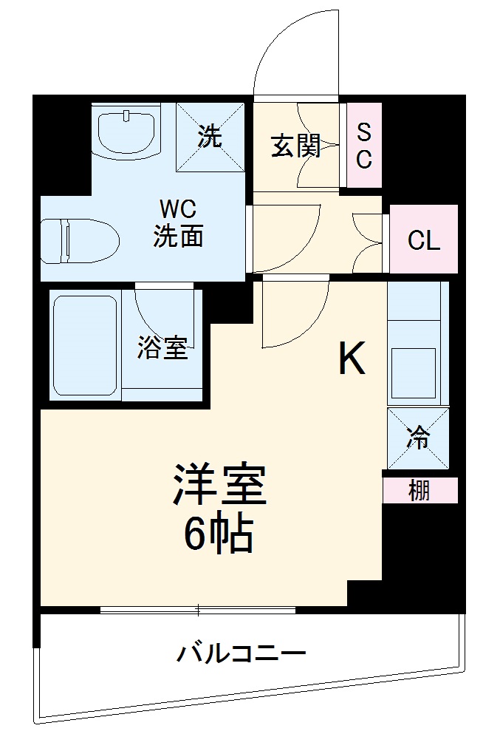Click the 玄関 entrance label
(295, 146)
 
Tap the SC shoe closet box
(364, 146)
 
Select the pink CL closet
(423, 240)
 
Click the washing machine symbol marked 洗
(210, 137)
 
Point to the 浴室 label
(162, 348)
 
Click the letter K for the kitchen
(352, 360)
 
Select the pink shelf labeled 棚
(419, 490)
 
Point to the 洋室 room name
(219, 485)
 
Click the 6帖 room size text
(219, 534)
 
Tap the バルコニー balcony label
(241, 654)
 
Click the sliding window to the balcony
(198, 610)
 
